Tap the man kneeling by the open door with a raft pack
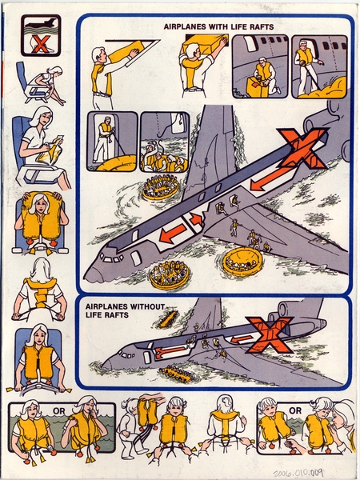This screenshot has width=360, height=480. [259, 75]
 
